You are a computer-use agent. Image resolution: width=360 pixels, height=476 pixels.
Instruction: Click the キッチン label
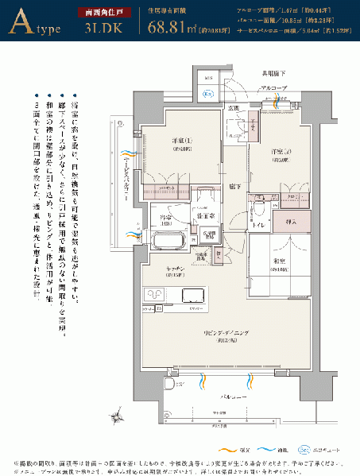tap(176, 270)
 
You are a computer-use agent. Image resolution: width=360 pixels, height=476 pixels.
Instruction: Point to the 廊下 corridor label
tap(234, 186)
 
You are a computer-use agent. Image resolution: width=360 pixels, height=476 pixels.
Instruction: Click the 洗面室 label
tap(203, 216)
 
